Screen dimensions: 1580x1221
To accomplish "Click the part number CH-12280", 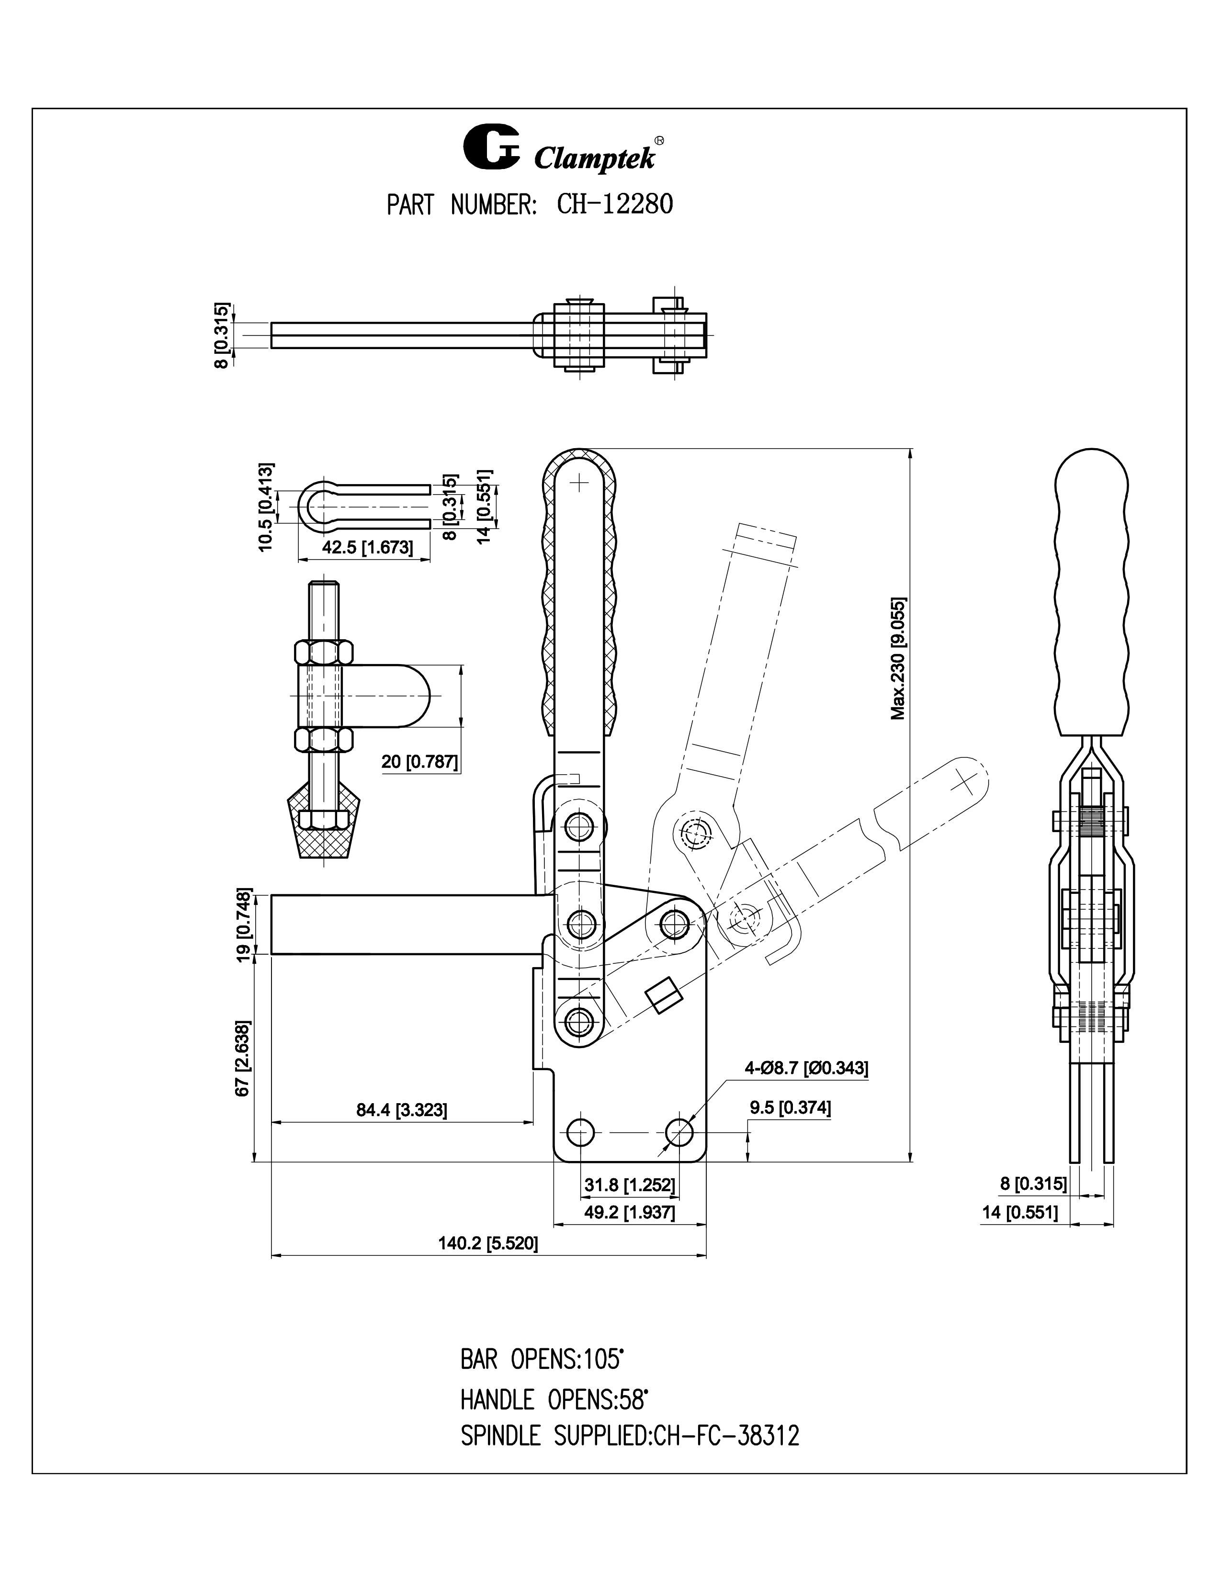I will [x=615, y=205].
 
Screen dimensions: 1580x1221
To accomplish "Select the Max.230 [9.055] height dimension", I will [x=898, y=658].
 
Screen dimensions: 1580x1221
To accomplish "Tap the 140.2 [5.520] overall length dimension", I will [x=488, y=1243].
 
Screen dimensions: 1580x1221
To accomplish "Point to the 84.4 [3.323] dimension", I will [x=401, y=1110].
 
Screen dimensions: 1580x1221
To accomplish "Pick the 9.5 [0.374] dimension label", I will [x=790, y=1107].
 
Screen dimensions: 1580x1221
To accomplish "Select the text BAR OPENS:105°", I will [x=542, y=1359].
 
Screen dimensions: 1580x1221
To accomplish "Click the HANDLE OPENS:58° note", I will [x=554, y=1400].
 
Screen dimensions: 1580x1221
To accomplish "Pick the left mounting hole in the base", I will [x=579, y=1131].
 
